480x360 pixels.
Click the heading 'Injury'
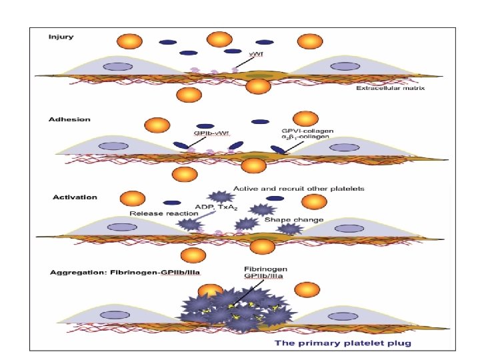pos(61,36)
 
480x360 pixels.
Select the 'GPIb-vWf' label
pos(210,133)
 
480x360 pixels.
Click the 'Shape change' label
pos(294,219)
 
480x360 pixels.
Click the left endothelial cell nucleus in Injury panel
pos(118,66)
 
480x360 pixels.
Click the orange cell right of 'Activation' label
pos(132,199)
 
